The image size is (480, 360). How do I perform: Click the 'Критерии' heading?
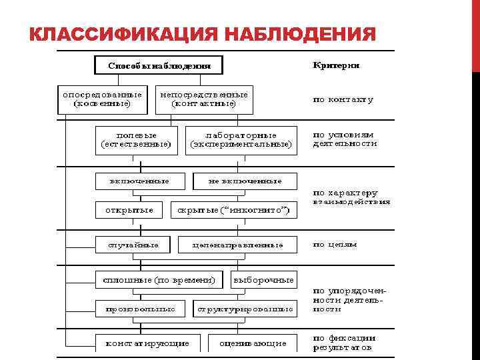point(337,65)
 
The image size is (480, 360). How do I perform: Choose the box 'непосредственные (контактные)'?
point(204,99)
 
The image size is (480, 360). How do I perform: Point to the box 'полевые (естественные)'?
point(136,139)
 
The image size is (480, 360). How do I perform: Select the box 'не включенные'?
point(245,181)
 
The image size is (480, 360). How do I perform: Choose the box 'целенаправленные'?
point(237,245)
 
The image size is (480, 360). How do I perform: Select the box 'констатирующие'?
point(147,343)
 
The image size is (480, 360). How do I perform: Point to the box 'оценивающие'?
point(248,343)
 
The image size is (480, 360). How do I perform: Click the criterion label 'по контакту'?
point(343,99)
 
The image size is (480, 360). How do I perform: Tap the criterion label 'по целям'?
point(335,244)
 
